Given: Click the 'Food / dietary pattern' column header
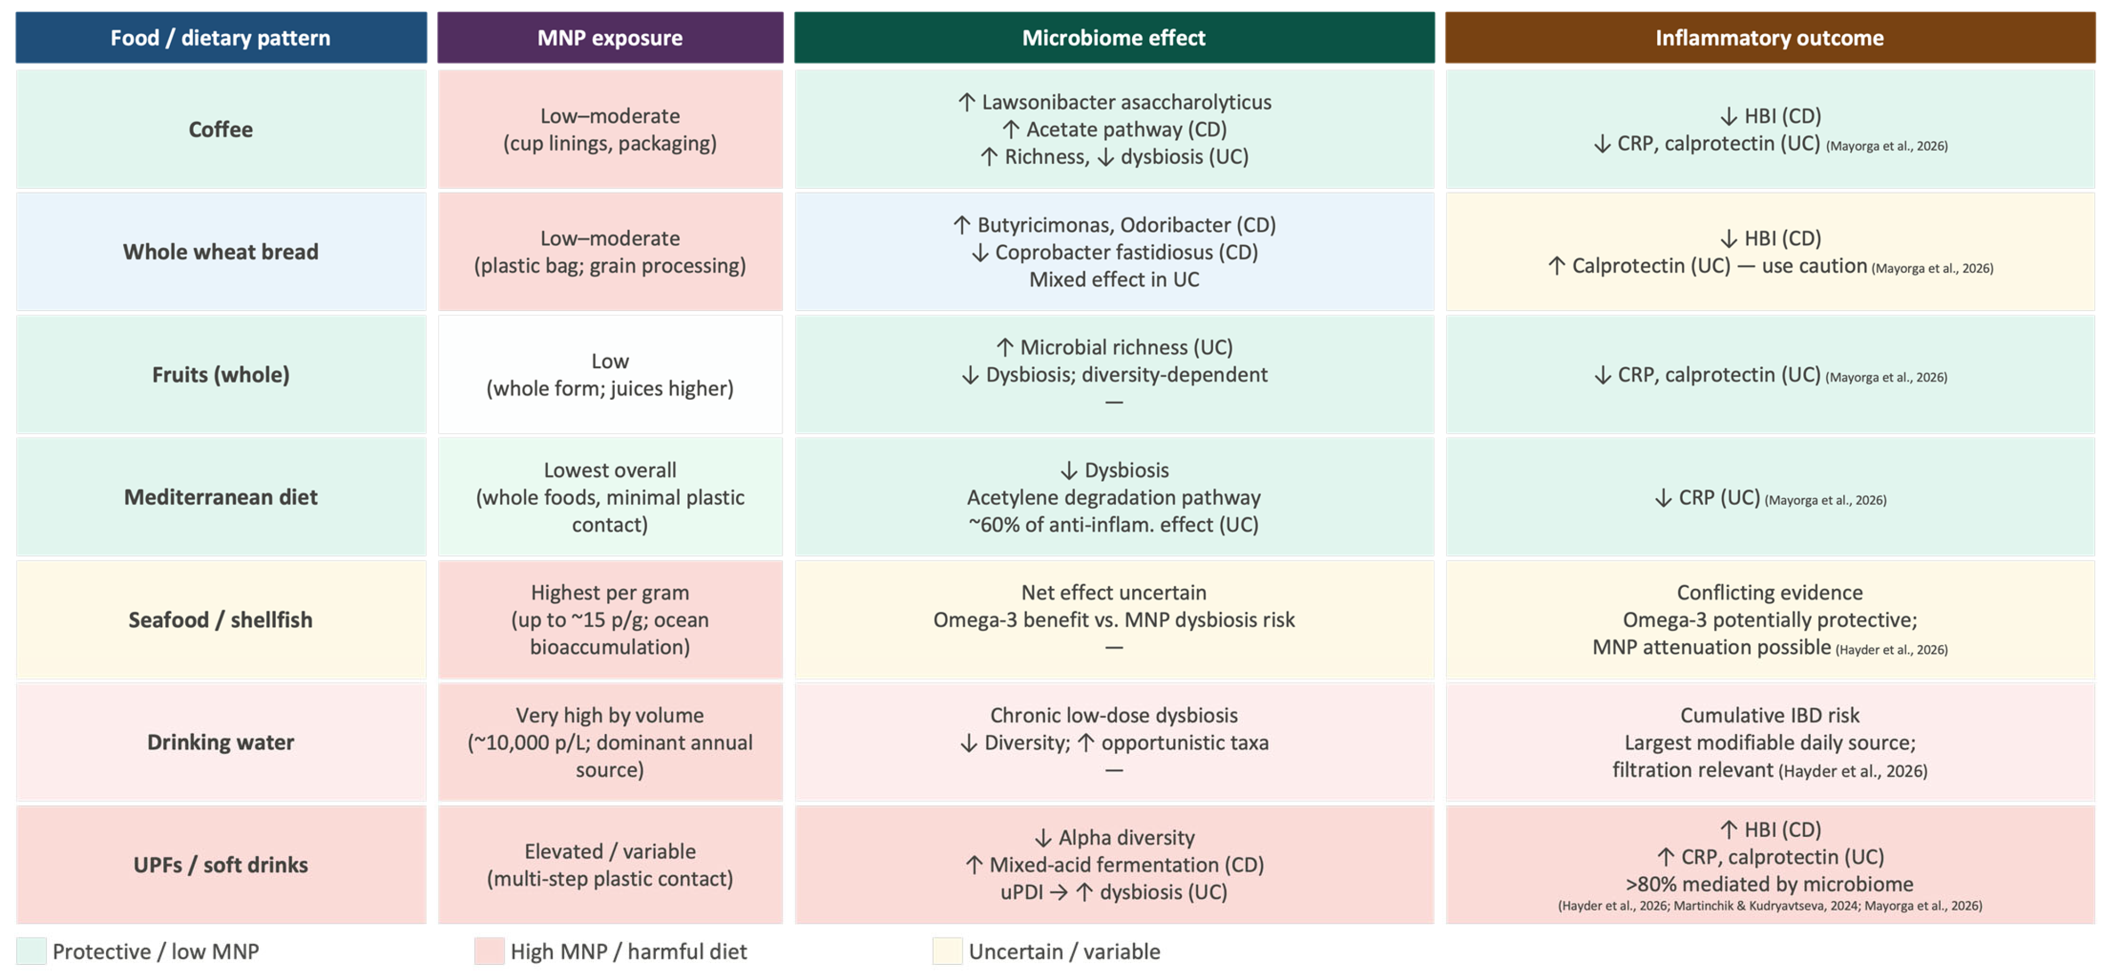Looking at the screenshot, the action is point(220,38).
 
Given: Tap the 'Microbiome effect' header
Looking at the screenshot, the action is point(1113,38).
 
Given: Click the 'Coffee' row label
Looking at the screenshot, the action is point(220,129).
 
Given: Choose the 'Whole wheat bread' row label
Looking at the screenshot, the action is point(220,252).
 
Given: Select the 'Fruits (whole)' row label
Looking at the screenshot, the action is point(220,374).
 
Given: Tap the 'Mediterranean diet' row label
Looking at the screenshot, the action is point(220,498).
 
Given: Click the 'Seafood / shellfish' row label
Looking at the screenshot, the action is point(220,619).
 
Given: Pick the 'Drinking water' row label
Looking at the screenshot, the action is point(220,743).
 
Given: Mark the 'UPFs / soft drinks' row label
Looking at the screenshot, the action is point(220,864).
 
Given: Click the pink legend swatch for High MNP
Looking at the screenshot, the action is point(489,952).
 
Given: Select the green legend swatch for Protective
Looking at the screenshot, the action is point(31,952).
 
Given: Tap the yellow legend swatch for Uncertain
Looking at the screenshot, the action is point(947,952).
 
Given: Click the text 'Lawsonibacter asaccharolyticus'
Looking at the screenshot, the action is point(1126,102).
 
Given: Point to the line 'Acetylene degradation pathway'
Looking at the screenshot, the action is point(1114,498).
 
